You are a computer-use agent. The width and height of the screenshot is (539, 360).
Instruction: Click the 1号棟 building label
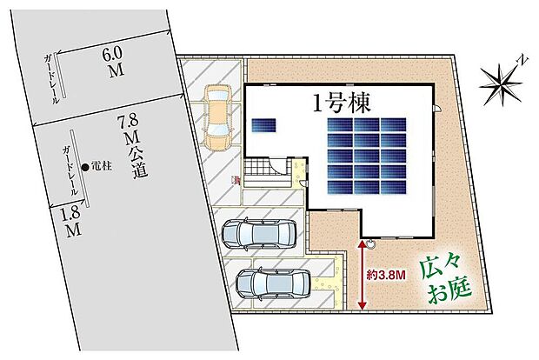[x=342, y=104]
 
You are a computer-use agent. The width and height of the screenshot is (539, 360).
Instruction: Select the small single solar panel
[x=263, y=125]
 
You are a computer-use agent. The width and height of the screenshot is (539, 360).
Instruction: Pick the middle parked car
[x=258, y=233]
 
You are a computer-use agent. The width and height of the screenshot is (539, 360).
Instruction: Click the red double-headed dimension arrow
[x=362, y=275]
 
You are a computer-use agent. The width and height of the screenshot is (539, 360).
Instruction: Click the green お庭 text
[x=449, y=289]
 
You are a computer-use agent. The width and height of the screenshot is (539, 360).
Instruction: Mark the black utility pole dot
[x=83, y=167]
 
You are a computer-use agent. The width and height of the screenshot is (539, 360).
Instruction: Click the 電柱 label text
[x=100, y=167]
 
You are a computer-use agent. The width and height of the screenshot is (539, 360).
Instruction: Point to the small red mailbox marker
[x=236, y=179]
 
